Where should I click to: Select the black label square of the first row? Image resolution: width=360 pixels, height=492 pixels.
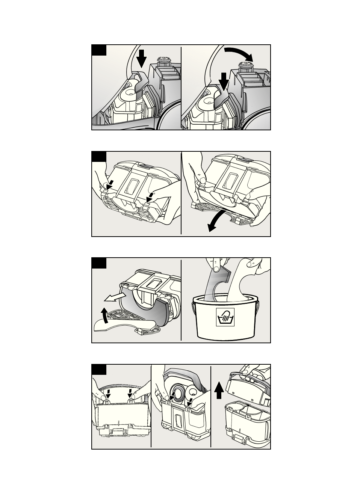click(99, 50)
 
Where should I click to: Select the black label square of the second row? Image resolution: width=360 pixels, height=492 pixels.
click(99, 157)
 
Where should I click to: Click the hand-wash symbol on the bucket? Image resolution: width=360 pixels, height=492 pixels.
click(225, 317)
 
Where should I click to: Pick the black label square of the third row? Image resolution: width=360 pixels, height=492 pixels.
click(99, 263)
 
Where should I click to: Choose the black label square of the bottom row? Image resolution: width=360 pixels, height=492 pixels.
click(99, 369)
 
